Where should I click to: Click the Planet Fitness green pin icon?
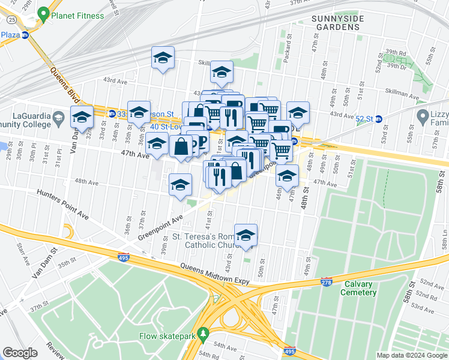(43, 14)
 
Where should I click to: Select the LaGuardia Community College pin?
(59, 116)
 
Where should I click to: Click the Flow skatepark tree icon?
(203, 332)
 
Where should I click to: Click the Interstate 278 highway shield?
(327, 282)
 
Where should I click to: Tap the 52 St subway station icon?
(378, 119)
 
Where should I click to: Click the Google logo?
(20, 353)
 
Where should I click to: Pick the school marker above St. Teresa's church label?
(246, 235)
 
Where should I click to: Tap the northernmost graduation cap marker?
(163, 58)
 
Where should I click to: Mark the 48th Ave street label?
(85, 181)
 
